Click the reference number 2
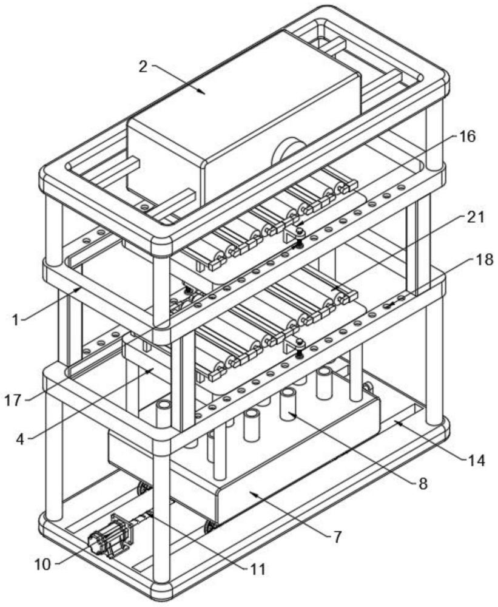coord(143,66)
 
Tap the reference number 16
coord(467,137)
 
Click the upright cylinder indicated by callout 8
coord(288,404)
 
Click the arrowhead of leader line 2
coord(205,93)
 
